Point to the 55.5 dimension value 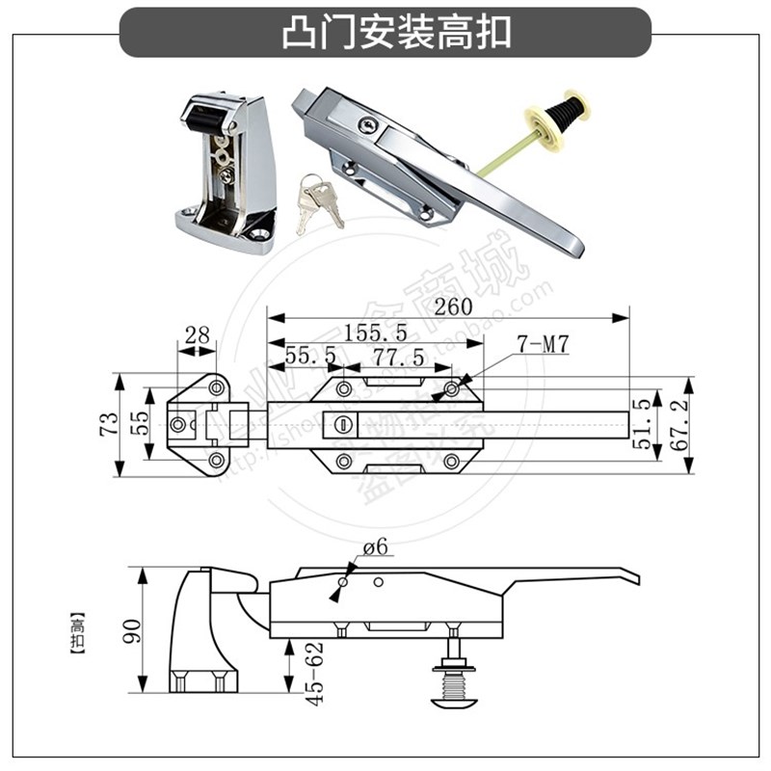(309, 357)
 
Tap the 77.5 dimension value (394, 357)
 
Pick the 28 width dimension (197, 335)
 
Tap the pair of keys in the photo (319, 201)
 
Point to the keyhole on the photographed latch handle (366, 127)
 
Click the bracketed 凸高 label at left (77, 632)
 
